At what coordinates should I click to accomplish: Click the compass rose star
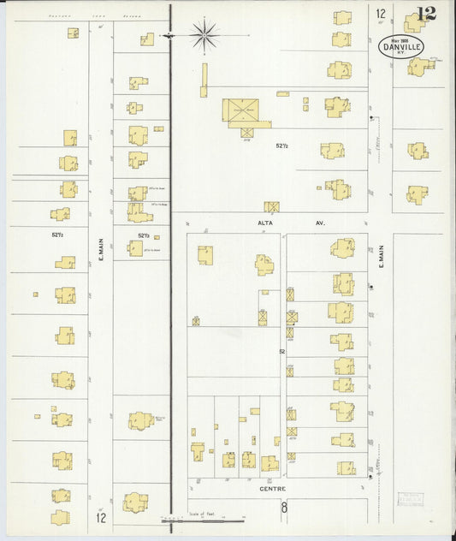coord(204,35)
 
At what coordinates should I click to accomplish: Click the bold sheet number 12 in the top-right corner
coord(425,14)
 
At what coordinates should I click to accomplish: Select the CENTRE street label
coord(274,489)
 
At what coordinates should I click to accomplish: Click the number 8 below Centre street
coord(284,508)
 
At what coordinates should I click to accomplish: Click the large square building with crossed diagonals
coord(240,110)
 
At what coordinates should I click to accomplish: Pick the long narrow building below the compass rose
coord(204,80)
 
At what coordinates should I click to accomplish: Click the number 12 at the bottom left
coord(101,517)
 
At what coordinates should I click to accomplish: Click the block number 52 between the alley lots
coord(281,351)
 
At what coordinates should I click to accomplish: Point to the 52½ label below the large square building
coord(281,146)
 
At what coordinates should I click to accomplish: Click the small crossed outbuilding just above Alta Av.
coord(272,206)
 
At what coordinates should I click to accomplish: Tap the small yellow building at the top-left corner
coord(73,33)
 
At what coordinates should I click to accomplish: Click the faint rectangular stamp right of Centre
coord(412,501)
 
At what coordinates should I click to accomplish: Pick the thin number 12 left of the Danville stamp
coord(380,14)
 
